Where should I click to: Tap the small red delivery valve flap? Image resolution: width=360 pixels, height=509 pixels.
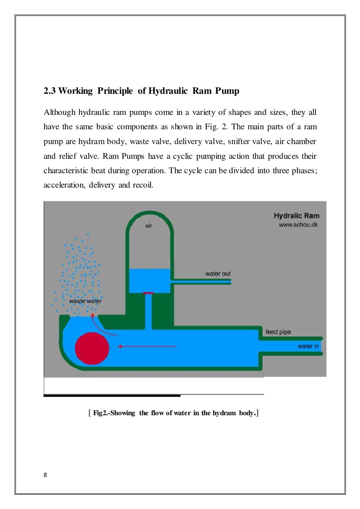(148, 293)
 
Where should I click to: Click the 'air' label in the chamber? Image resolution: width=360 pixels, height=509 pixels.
(149, 226)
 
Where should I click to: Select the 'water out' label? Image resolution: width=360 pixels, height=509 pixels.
(218, 274)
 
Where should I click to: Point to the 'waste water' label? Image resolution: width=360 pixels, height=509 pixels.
(85, 301)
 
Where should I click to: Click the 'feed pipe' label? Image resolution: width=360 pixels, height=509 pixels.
(278, 332)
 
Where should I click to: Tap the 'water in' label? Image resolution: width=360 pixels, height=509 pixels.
(308, 346)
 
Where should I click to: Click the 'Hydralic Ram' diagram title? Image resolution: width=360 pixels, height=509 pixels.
(296, 216)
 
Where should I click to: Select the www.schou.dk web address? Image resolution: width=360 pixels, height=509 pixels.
(298, 224)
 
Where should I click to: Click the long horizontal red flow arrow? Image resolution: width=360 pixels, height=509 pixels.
(147, 346)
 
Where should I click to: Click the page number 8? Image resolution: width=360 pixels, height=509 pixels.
(45, 475)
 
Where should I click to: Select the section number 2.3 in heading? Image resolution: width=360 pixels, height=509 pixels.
(50, 91)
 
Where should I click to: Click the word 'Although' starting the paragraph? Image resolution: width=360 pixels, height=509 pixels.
(59, 112)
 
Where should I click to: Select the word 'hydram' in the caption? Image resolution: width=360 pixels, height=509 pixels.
(224, 413)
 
